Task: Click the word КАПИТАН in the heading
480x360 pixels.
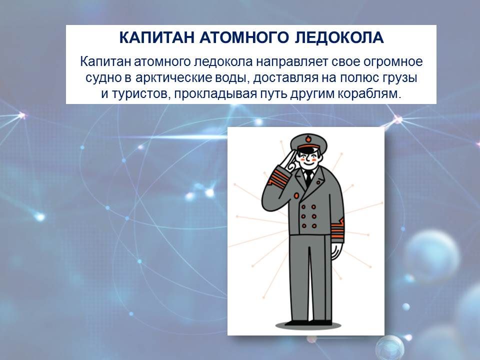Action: (156, 37)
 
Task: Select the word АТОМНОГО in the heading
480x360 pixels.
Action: (244, 37)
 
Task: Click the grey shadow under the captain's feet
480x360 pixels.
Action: (308, 325)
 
